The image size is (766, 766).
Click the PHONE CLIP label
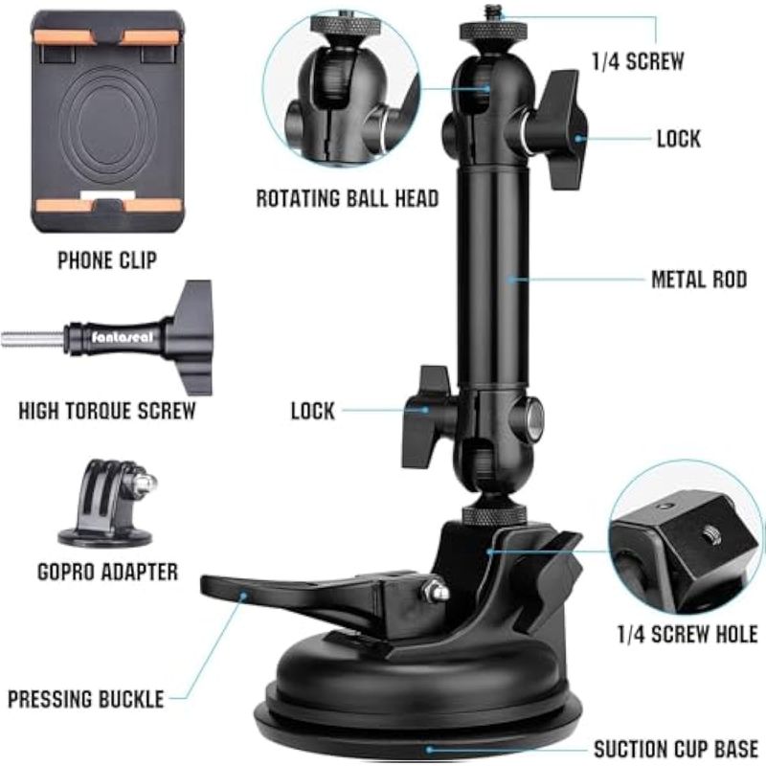107,259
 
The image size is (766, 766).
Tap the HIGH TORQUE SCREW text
107,411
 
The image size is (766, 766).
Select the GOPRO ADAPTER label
107,572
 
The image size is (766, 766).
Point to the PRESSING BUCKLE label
86,699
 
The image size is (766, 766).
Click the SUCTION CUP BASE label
676,749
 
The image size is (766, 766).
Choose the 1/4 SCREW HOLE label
687,634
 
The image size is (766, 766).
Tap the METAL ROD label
699,280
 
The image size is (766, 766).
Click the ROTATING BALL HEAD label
348,199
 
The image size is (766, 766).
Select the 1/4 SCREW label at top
638,61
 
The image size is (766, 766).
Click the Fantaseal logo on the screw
123,337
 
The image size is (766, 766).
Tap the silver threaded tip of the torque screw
33,339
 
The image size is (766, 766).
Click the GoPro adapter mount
107,504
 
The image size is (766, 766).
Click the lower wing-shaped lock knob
426,417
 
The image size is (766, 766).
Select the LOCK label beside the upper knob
679,139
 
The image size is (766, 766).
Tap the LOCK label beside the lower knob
313,411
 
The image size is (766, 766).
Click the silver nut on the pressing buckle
436,589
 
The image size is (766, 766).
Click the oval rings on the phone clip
106,124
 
